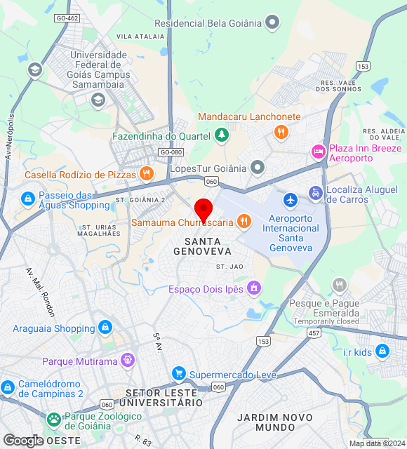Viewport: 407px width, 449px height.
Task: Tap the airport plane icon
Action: click(x=291, y=200)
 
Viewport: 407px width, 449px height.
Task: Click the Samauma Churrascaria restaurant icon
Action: click(x=244, y=222)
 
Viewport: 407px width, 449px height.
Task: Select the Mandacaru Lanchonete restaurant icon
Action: click(x=281, y=131)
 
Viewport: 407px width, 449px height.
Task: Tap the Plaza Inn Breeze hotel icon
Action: click(x=318, y=151)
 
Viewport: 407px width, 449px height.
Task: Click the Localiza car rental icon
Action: click(x=315, y=193)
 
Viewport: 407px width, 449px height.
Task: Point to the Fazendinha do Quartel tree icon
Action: click(x=222, y=135)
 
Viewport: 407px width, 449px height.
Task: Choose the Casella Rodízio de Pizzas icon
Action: click(x=146, y=173)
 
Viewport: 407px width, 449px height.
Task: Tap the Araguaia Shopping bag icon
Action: click(x=105, y=328)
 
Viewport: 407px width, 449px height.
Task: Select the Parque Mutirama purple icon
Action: click(x=128, y=361)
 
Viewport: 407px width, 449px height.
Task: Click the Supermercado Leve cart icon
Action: click(x=179, y=374)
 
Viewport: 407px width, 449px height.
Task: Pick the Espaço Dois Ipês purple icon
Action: click(x=253, y=288)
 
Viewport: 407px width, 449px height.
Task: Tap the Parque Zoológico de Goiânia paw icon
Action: click(x=54, y=420)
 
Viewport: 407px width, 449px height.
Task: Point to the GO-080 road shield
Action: click(x=171, y=152)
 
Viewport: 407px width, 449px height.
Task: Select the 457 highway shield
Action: click(x=314, y=334)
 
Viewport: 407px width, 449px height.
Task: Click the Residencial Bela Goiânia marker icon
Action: click(x=273, y=23)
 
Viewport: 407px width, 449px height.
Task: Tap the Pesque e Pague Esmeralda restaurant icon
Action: click(x=340, y=285)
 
